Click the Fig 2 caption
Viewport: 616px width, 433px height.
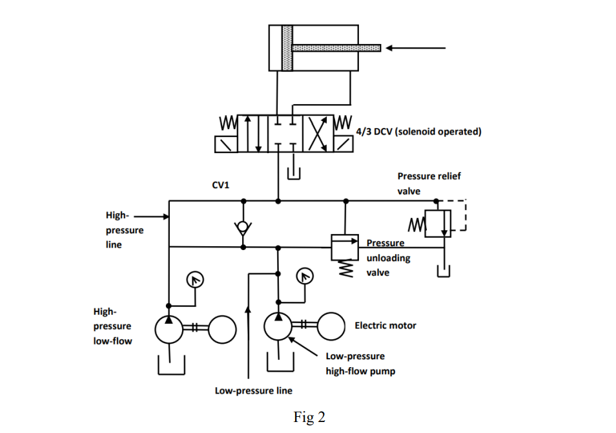coord(309,417)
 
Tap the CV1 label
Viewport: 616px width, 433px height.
coord(221,185)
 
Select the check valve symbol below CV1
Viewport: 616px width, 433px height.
coord(243,227)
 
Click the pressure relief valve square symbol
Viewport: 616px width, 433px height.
coord(438,224)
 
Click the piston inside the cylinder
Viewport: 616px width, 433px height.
coord(287,48)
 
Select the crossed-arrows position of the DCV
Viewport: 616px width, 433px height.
coord(319,134)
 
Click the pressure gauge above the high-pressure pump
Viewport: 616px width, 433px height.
coord(193,279)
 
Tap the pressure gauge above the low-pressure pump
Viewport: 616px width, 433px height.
coord(303,276)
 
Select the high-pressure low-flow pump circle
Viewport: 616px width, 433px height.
coord(169,329)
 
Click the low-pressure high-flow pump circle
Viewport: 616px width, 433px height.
coord(278,328)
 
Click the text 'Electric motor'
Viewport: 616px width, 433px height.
coord(385,326)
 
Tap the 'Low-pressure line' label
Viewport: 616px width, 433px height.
coord(253,390)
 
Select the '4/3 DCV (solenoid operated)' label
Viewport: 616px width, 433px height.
coord(419,132)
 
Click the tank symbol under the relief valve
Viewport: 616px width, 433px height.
coord(442,272)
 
